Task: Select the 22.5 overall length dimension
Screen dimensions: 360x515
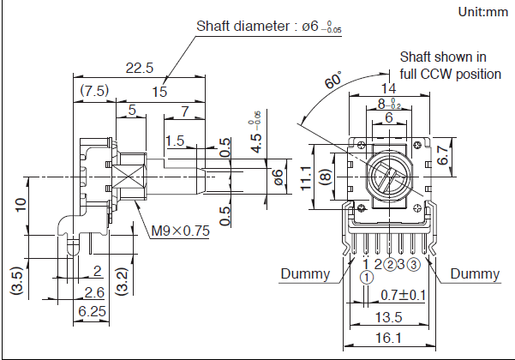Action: pos(138,68)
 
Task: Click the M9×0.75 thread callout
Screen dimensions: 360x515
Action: pos(181,231)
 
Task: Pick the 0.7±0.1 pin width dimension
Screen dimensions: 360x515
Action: pos(404,296)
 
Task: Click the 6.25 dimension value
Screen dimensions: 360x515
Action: pos(92,312)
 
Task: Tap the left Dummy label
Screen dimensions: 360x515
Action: pos(305,274)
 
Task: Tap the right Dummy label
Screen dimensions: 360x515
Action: pos(475,274)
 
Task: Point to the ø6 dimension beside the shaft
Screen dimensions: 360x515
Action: pos(277,177)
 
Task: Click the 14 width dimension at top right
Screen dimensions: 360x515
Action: pos(388,88)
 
